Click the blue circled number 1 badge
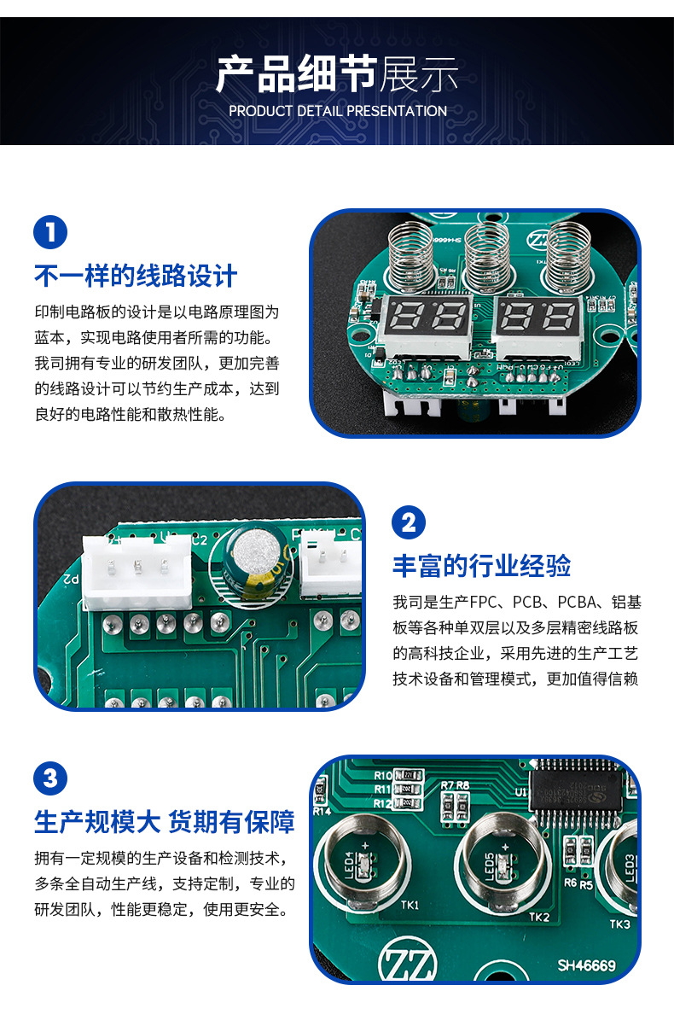pyautogui.click(x=50, y=233)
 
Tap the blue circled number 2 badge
pyautogui.click(x=409, y=522)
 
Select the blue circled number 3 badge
pyautogui.click(x=50, y=778)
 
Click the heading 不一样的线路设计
pyautogui.click(x=136, y=276)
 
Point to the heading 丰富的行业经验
pyautogui.click(x=481, y=565)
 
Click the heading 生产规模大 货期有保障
pyautogui.click(x=165, y=821)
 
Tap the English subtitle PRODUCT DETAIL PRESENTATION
pyautogui.click(x=337, y=111)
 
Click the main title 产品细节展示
pyautogui.click(x=337, y=75)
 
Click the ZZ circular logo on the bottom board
pyautogui.click(x=407, y=961)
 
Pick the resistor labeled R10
pyautogui.click(x=411, y=775)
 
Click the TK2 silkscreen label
pyautogui.click(x=539, y=917)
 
